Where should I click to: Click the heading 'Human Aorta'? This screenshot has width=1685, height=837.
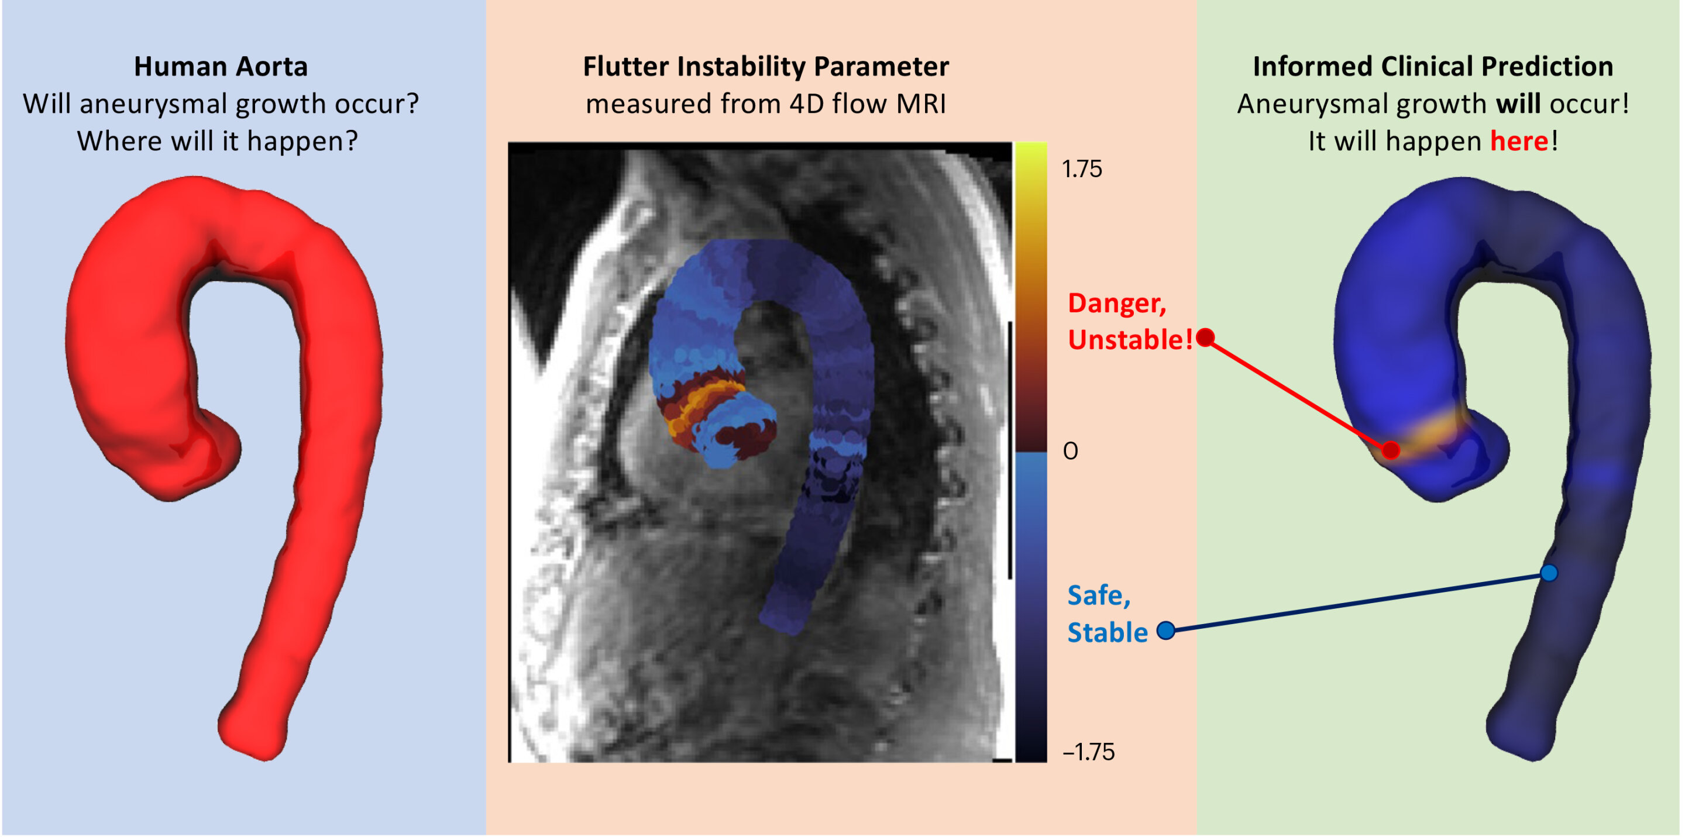tap(221, 67)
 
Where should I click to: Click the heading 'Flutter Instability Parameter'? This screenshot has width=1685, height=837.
tap(765, 67)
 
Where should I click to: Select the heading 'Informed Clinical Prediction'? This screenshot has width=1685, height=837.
tap(1432, 67)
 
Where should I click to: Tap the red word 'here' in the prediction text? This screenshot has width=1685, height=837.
tap(1519, 141)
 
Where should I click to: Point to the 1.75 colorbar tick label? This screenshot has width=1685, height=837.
tap(1082, 170)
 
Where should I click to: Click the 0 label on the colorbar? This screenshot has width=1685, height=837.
tap(1070, 451)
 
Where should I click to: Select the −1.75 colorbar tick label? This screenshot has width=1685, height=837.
tap(1088, 752)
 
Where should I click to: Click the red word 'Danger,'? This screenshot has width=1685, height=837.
tap(1116, 304)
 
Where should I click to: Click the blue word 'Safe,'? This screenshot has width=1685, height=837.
tap(1099, 595)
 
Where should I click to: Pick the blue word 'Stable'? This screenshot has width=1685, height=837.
tap(1108, 632)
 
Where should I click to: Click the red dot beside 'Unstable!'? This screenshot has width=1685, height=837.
tap(1205, 337)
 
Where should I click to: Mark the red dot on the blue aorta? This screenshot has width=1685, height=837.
tap(1391, 450)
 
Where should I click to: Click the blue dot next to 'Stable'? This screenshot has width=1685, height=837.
tap(1165, 631)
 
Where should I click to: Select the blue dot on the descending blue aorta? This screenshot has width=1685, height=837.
tap(1548, 573)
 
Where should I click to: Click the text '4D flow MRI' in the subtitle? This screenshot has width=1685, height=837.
tap(867, 104)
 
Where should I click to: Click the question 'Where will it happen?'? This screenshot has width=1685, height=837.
tap(217, 141)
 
